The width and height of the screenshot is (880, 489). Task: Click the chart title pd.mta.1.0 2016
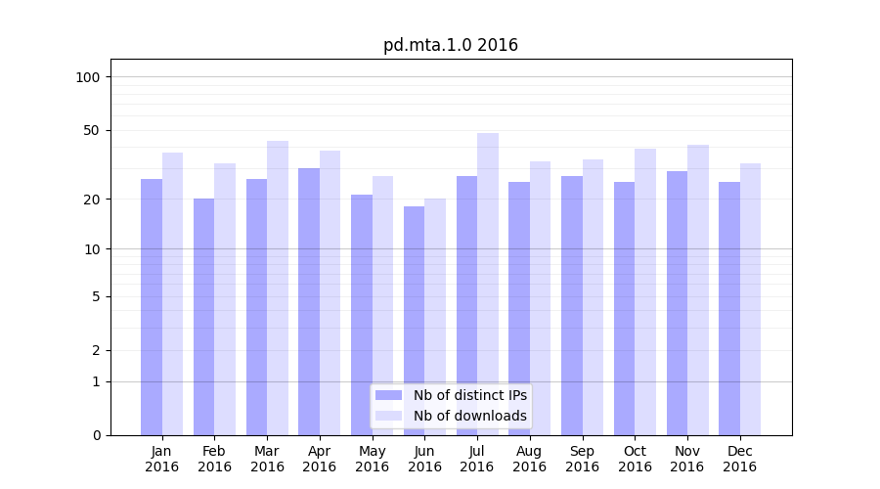tap(450, 45)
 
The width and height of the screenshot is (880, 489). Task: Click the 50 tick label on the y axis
tap(92, 130)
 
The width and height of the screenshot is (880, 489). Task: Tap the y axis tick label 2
tap(96, 350)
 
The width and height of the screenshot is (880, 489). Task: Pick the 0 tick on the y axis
tap(96, 435)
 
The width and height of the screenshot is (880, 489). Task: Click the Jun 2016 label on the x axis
tap(424, 459)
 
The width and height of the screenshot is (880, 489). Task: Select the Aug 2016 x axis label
tap(529, 459)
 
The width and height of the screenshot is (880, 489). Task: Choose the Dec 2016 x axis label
tap(739, 459)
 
